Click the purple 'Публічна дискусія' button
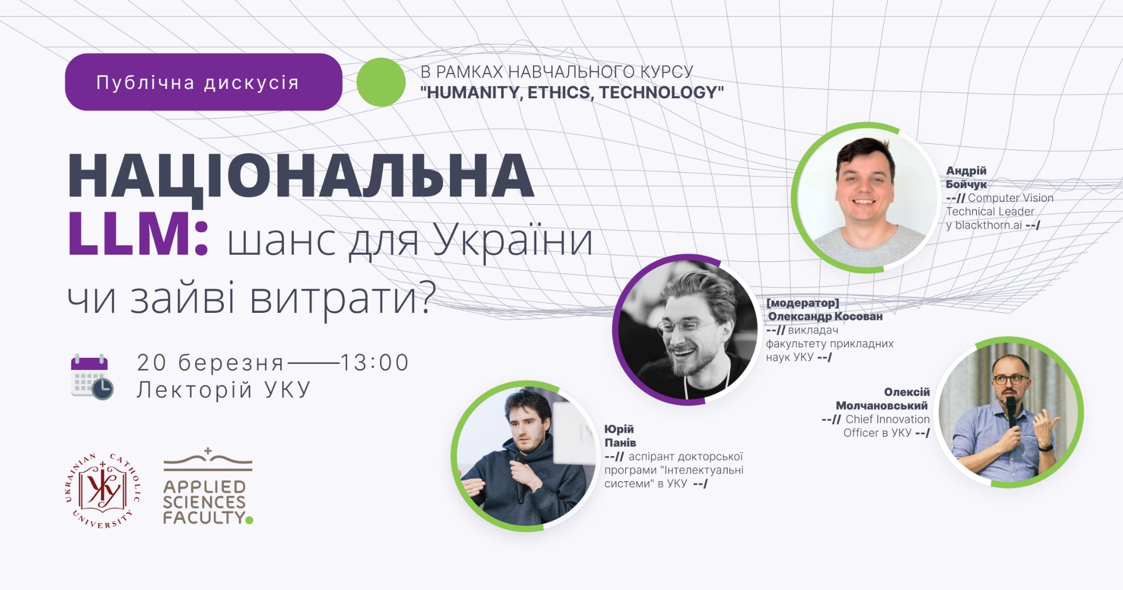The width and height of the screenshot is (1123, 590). [x=203, y=82]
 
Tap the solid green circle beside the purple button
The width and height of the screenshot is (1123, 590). [x=381, y=82]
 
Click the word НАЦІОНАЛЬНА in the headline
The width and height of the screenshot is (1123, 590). [x=300, y=176]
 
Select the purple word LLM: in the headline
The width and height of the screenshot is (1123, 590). [x=138, y=234]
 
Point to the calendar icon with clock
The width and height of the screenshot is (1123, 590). [x=92, y=377]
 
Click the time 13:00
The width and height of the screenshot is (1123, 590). [x=375, y=363]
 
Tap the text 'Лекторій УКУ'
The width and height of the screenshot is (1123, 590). [x=224, y=390]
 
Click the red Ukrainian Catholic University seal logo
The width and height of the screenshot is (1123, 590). [x=103, y=491]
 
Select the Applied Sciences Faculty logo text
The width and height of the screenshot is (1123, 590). [x=205, y=502]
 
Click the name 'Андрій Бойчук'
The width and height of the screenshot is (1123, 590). [x=966, y=177]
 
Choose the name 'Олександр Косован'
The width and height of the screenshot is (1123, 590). [x=825, y=316]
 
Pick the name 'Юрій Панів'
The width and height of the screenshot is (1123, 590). [x=620, y=436]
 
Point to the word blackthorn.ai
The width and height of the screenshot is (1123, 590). [x=988, y=225]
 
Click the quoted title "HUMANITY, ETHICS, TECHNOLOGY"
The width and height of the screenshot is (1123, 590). [x=572, y=92]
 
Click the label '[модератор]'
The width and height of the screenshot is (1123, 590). [x=803, y=303]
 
